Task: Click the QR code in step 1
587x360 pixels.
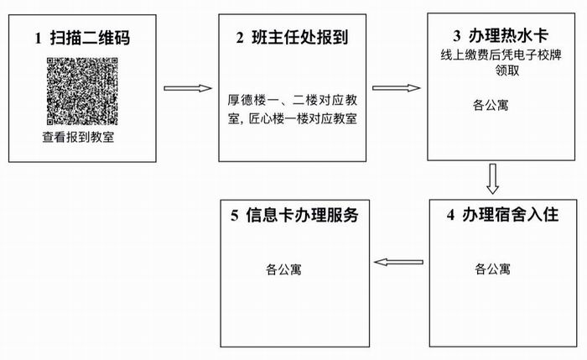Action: coord(82,91)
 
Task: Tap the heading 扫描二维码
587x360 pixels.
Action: coord(91,39)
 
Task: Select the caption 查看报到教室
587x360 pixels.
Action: coord(78,137)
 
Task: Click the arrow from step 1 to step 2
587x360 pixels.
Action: coord(188,88)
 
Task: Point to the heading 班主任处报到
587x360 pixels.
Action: coord(300,37)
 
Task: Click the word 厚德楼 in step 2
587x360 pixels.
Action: coord(246,101)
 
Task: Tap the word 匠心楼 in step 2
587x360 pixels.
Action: coord(266,119)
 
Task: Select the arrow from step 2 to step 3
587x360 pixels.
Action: coord(397,87)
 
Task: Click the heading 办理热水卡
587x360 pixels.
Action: coord(508,35)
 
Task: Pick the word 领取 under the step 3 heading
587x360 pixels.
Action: coord(507,70)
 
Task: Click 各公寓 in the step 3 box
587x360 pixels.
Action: coord(491,105)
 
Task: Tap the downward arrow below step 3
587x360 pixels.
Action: coord(493,179)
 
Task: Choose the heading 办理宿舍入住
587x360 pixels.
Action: coord(510,215)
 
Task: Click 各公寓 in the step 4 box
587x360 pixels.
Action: coord(492,269)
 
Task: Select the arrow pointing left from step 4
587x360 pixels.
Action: coord(398,262)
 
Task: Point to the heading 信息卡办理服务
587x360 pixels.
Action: coord(302,215)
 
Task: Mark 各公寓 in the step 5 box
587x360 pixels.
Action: coord(283,269)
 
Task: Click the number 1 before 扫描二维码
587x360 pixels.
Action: coord(39,39)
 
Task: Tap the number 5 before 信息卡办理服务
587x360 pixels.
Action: coord(235,216)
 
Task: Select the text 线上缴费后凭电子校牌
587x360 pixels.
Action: coord(501,55)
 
